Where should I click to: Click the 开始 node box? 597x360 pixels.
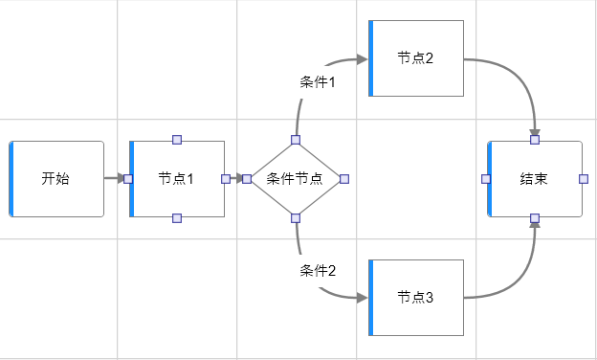pyautogui.click(x=56, y=178)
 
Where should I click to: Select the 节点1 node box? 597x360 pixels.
pyautogui.click(x=177, y=178)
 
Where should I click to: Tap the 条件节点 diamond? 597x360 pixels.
pyautogui.click(x=296, y=178)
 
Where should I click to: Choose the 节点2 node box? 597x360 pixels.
pyautogui.click(x=416, y=58)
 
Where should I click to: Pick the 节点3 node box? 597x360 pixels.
pyautogui.click(x=416, y=298)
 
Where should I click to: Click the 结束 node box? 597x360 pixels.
pyautogui.click(x=535, y=178)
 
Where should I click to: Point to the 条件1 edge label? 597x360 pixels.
pyautogui.click(x=318, y=82)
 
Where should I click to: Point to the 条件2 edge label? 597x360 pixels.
pyautogui.click(x=318, y=270)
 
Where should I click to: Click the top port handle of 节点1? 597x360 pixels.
pyautogui.click(x=177, y=140)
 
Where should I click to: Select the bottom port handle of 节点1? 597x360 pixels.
pyautogui.click(x=177, y=217)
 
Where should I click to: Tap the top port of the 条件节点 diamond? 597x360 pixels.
pyautogui.click(x=296, y=141)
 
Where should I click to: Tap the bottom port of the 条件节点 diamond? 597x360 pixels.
pyautogui.click(x=296, y=216)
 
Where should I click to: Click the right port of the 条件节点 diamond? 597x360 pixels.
pyautogui.click(x=344, y=178)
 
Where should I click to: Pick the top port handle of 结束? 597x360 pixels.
pyautogui.click(x=535, y=140)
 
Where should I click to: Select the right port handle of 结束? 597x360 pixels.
pyautogui.click(x=583, y=178)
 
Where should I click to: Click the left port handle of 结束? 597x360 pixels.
pyautogui.click(x=486, y=178)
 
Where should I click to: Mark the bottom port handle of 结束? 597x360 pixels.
pyautogui.click(x=535, y=217)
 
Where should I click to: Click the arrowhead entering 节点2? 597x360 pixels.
pyautogui.click(x=363, y=58)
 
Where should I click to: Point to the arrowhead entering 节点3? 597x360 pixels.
pyautogui.click(x=363, y=298)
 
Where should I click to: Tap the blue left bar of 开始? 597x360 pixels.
pyautogui.click(x=11, y=178)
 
